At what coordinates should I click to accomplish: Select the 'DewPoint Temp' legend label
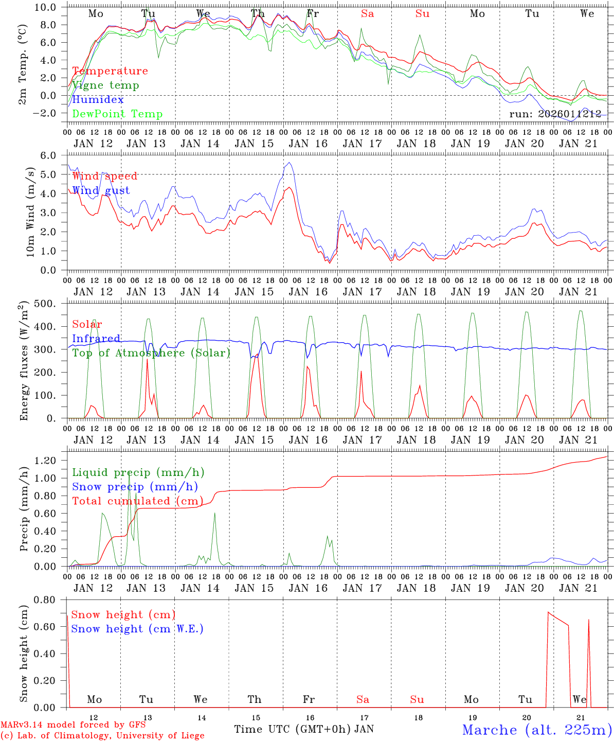pyautogui.click(x=117, y=114)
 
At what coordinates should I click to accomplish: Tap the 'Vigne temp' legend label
pyautogui.click(x=105, y=85)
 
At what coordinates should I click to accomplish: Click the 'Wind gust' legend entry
pyautogui.click(x=101, y=190)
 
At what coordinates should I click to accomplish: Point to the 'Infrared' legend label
pyautogui.click(x=96, y=339)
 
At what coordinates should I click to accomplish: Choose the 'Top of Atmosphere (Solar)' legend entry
pyautogui.click(x=151, y=353)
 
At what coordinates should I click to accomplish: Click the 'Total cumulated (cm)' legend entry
pyautogui.click(x=137, y=501)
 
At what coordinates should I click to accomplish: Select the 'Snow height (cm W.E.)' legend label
pyautogui.click(x=137, y=629)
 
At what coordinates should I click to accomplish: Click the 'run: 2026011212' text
pyautogui.click(x=555, y=114)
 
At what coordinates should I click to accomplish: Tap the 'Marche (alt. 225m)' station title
pyautogui.click(x=537, y=730)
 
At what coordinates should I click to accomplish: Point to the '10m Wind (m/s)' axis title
pyautogui.click(x=30, y=213)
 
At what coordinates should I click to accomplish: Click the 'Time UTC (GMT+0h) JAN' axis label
pyautogui.click(x=304, y=729)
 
